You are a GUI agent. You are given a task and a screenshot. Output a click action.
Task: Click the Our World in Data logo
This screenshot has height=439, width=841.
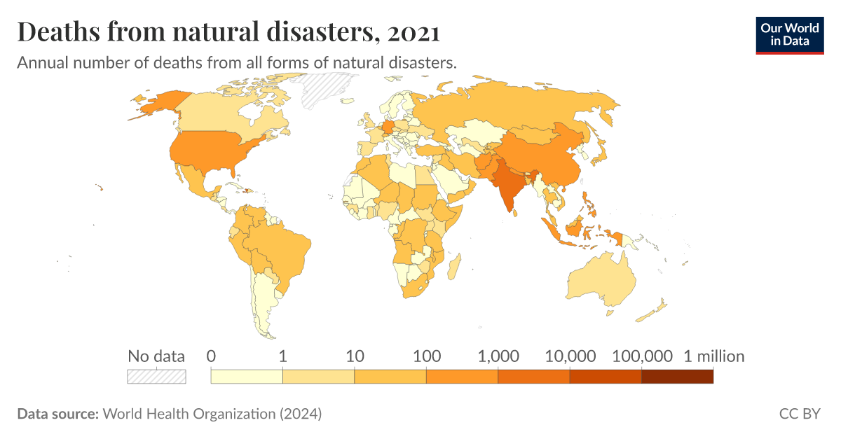tap(789, 34)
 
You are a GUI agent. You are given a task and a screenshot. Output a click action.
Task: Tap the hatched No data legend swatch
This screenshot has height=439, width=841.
tap(156, 377)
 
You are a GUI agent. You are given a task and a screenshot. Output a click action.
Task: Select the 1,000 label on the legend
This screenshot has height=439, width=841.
tap(498, 356)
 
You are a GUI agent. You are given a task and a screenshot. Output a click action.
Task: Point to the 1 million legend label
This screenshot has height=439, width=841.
tap(713, 356)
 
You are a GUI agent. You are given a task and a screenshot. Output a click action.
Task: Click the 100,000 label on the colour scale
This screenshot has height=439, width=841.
tap(642, 356)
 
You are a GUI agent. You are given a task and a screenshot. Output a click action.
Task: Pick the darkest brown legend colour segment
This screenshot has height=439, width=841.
tap(677, 377)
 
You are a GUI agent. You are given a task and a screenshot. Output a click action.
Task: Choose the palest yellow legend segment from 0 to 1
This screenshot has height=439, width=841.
tap(247, 377)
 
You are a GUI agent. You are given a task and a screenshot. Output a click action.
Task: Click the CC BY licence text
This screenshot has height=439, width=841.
tap(799, 414)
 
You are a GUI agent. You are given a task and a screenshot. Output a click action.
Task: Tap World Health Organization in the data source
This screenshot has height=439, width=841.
tap(189, 414)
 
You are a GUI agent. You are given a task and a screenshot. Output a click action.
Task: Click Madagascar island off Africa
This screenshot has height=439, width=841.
tap(454, 267)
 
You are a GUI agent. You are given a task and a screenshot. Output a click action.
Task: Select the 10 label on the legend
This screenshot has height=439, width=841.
tap(355, 356)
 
